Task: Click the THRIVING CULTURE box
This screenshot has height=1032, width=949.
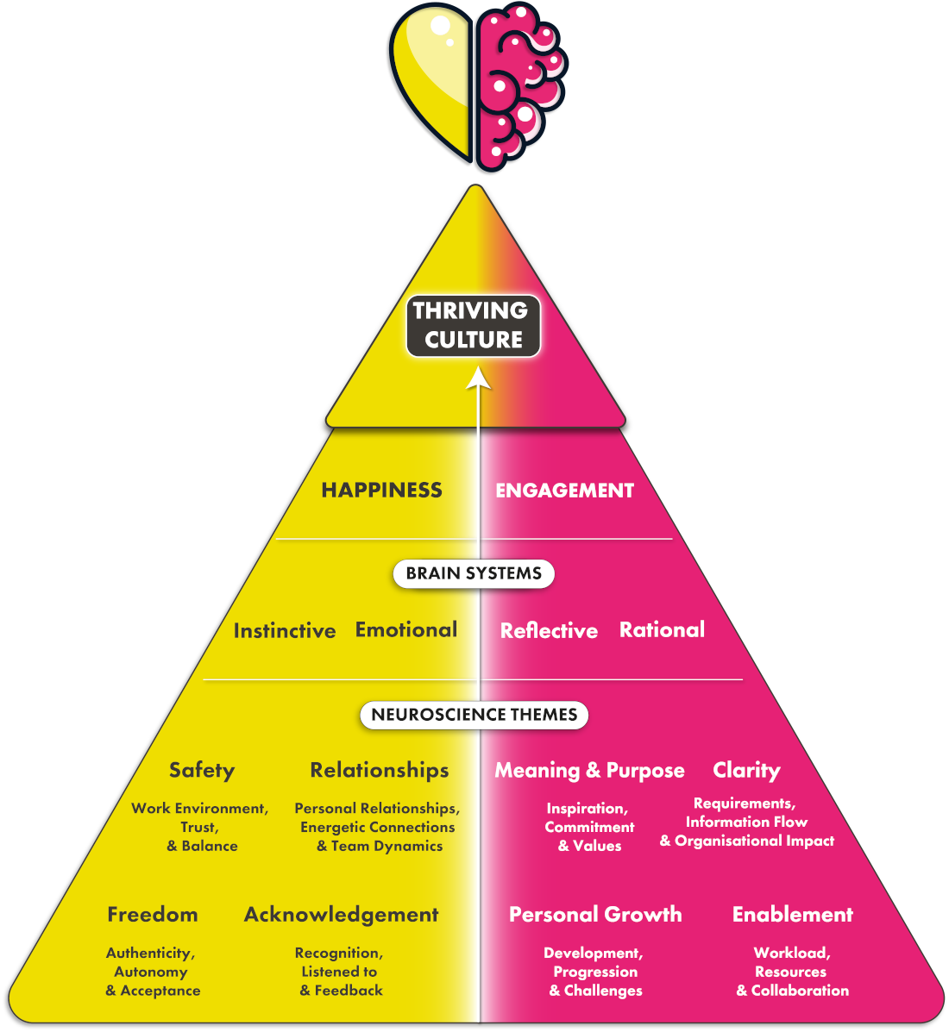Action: pos(474,325)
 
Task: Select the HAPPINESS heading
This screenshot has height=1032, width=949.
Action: pos(381,491)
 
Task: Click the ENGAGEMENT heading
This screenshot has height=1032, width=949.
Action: pos(564,491)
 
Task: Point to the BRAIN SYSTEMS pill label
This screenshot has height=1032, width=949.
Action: pos(474,573)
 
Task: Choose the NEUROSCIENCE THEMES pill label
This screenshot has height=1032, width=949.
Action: pos(474,715)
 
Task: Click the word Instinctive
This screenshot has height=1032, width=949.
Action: pos(285,631)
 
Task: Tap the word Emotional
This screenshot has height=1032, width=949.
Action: pos(406,630)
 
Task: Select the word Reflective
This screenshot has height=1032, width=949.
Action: pos(549,631)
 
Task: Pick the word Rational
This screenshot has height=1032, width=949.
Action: pos(662,630)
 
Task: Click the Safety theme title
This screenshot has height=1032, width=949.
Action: pos(202,770)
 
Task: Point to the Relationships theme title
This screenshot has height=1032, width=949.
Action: pos(380,770)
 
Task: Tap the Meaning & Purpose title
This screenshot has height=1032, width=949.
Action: pos(589,771)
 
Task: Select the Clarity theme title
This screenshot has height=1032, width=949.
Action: pos(746,770)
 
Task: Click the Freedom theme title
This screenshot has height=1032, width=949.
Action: pos(153,915)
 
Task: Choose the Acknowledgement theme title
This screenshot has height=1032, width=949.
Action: pos(342,915)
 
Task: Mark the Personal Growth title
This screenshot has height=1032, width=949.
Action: pos(595,915)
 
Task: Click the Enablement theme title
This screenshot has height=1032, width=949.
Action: pos(792,915)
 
